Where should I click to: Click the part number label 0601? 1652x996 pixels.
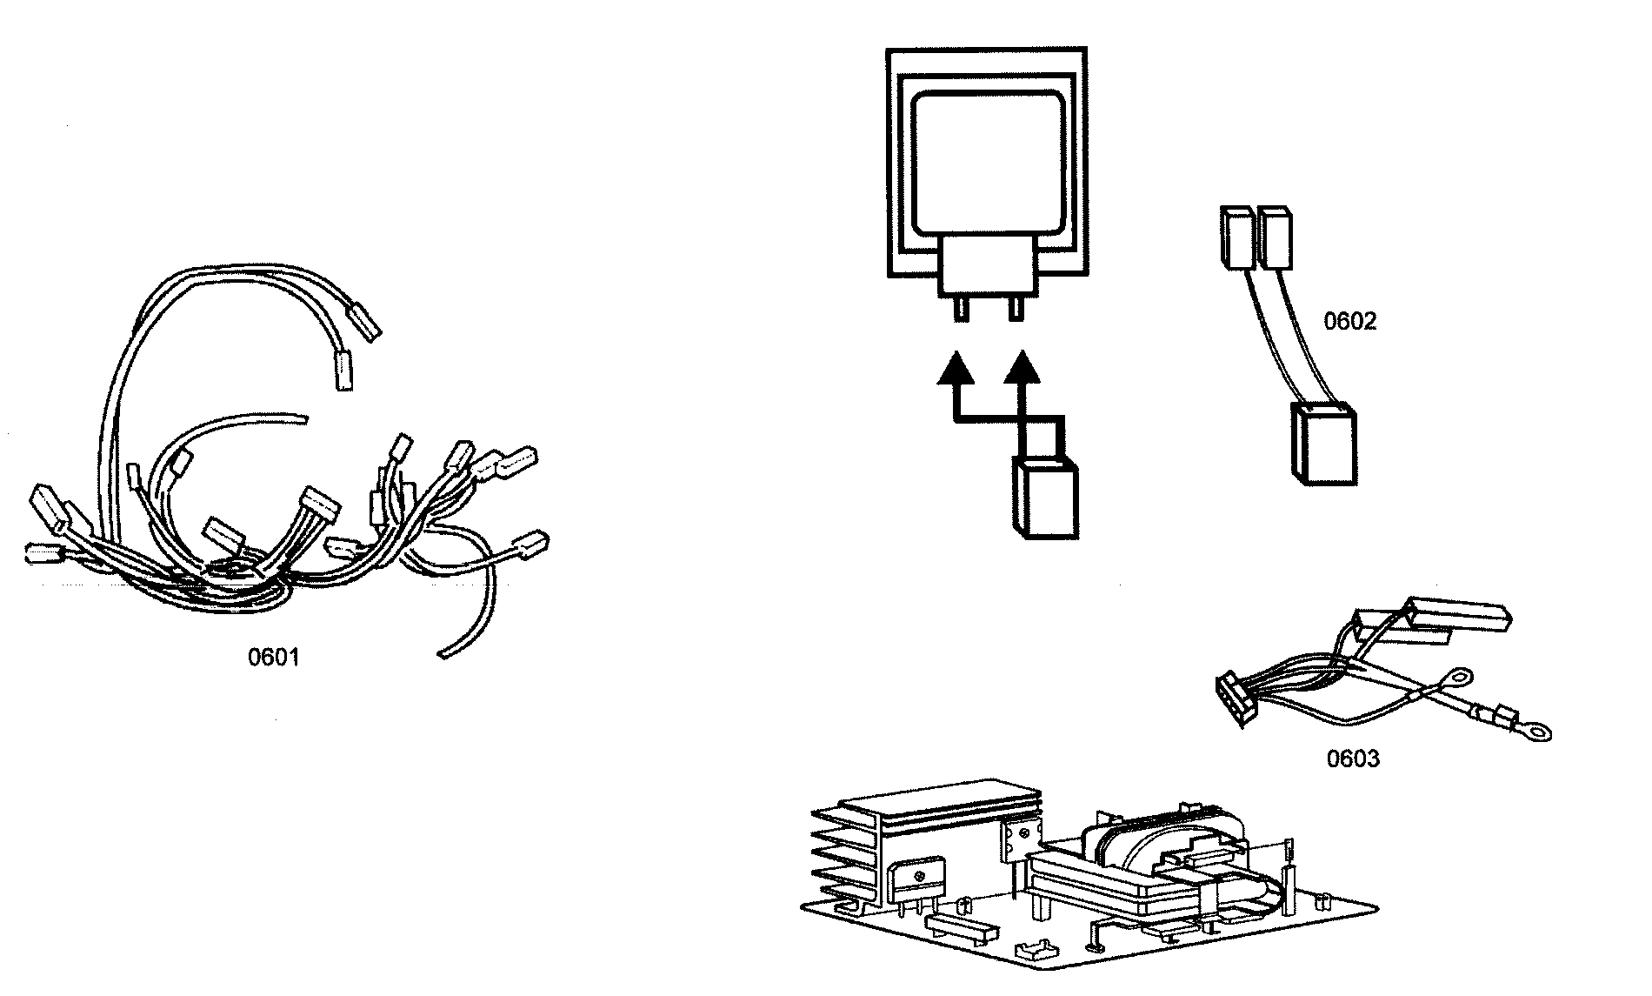(273, 658)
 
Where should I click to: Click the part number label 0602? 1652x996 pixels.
(1349, 322)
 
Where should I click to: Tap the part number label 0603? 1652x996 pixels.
(1352, 759)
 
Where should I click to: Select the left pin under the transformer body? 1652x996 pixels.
(961, 309)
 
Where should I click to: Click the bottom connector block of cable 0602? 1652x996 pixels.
(1322, 445)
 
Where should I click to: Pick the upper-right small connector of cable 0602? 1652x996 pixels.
(1274, 236)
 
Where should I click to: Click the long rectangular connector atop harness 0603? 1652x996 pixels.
(1461, 614)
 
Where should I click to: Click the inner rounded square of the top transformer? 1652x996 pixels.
(986, 162)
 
